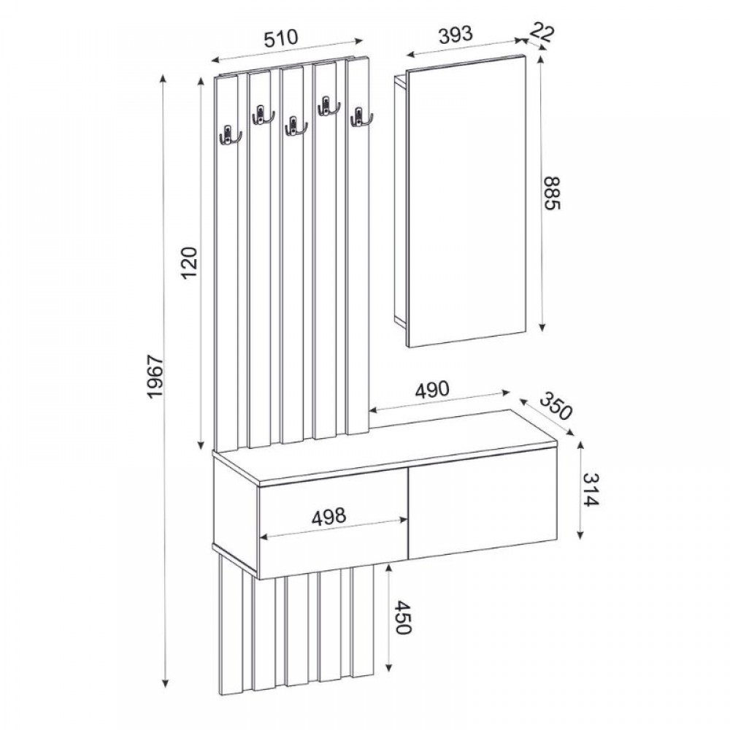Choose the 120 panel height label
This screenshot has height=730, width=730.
[189, 264]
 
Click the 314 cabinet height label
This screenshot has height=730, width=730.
[592, 491]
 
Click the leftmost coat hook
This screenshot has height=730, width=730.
[228, 134]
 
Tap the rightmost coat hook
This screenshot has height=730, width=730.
[359, 117]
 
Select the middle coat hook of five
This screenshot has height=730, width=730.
[293, 126]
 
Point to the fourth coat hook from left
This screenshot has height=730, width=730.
[327, 107]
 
